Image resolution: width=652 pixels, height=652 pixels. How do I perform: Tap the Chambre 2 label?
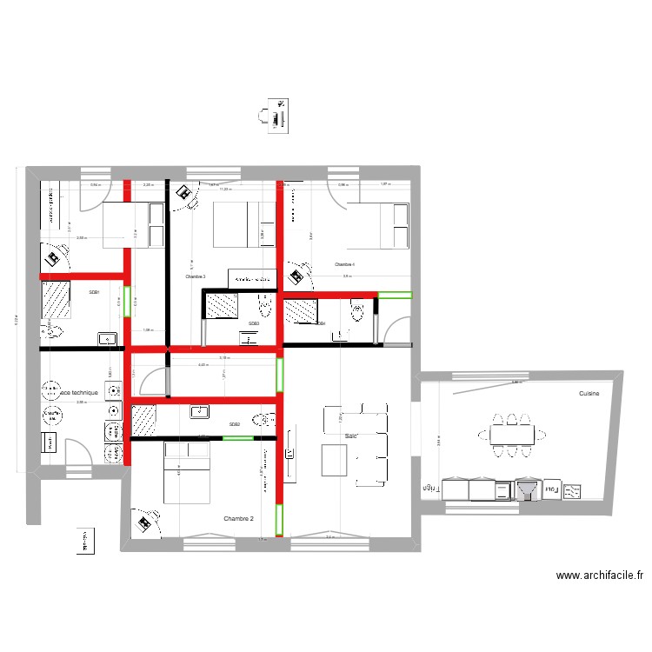click(x=238, y=519)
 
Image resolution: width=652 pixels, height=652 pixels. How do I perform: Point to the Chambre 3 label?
click(x=195, y=277)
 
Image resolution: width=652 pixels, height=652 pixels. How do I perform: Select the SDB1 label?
click(x=94, y=293)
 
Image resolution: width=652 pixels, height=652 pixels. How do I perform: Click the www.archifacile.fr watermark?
click(x=599, y=575)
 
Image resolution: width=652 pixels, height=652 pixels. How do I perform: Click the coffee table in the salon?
click(x=335, y=459)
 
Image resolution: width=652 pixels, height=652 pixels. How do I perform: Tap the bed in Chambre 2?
click(x=186, y=471)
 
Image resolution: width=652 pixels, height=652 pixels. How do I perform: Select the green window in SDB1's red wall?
click(x=127, y=302)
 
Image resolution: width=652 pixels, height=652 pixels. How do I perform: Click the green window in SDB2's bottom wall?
click(x=237, y=438)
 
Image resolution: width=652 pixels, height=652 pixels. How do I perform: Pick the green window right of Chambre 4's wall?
click(x=396, y=295)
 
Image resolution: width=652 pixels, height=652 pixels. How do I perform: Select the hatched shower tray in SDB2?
click(x=143, y=420)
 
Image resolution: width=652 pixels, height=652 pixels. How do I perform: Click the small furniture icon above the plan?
click(x=274, y=116)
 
